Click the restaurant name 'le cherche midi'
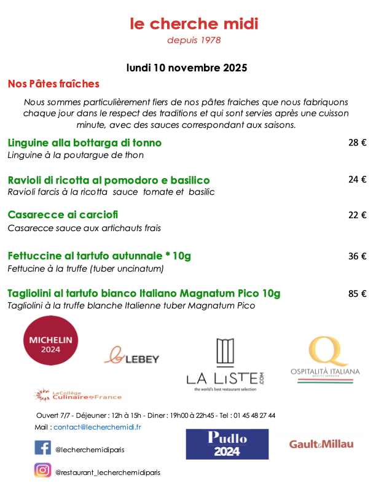click(x=194, y=24)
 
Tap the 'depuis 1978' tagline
click(x=194, y=41)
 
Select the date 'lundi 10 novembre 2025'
click(x=187, y=67)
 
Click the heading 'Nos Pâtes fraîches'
click(x=53, y=84)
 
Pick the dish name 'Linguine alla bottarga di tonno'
click(x=85, y=143)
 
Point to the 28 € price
click(x=357, y=143)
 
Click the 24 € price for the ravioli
click(x=357, y=180)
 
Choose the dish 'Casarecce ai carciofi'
click(x=63, y=215)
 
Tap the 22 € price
click(x=357, y=215)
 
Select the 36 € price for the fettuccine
click(x=357, y=256)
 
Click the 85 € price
click(x=357, y=294)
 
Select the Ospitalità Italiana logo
click(x=325, y=361)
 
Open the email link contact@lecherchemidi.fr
click(x=98, y=427)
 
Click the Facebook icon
click(x=42, y=448)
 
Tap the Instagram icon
click(x=42, y=471)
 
